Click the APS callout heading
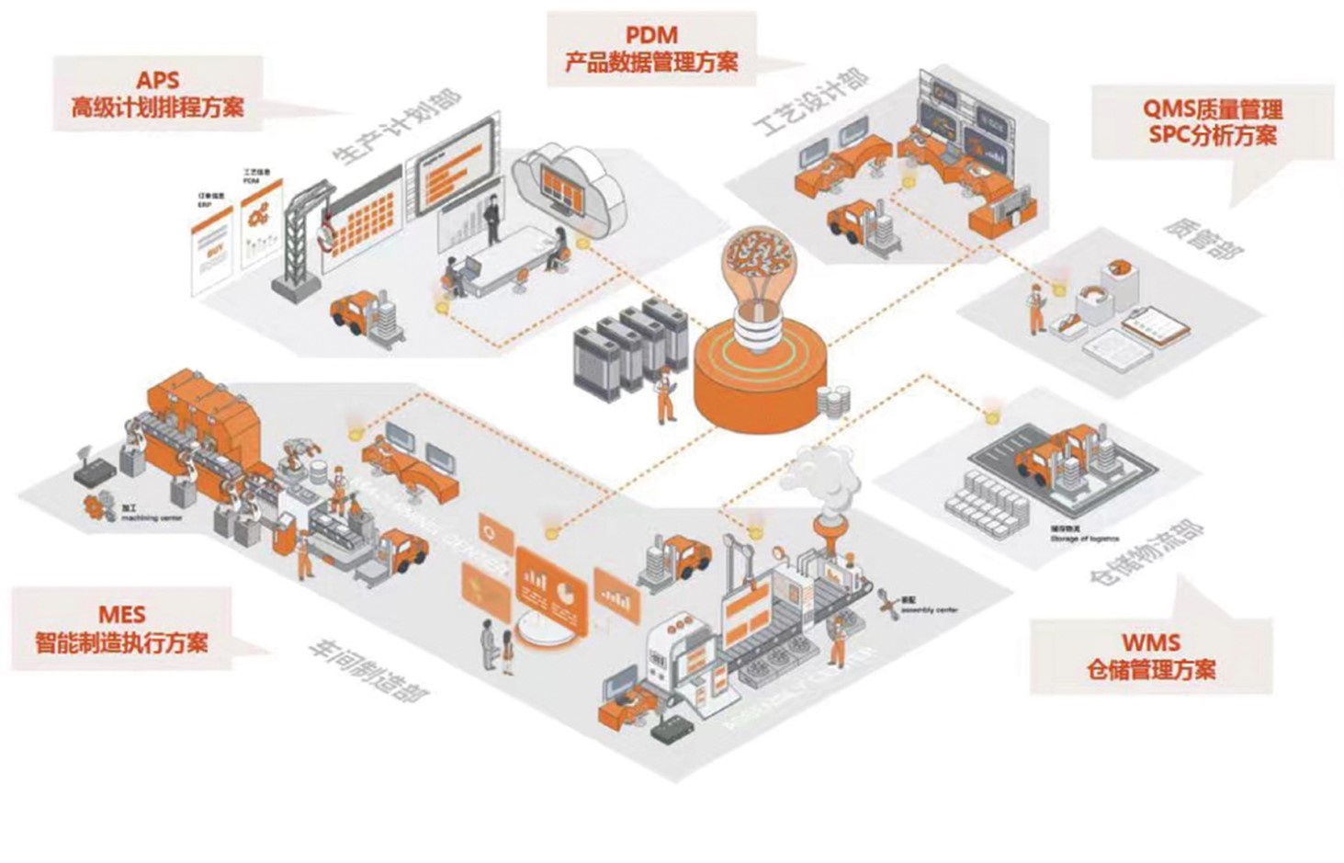point(157,81)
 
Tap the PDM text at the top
point(651,36)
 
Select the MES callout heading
point(121,614)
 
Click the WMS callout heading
point(1150,642)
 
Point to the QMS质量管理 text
point(1213,109)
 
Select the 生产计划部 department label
point(397,128)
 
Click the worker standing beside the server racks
point(664,395)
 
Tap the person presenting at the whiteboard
point(493,218)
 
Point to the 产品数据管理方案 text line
point(651,63)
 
